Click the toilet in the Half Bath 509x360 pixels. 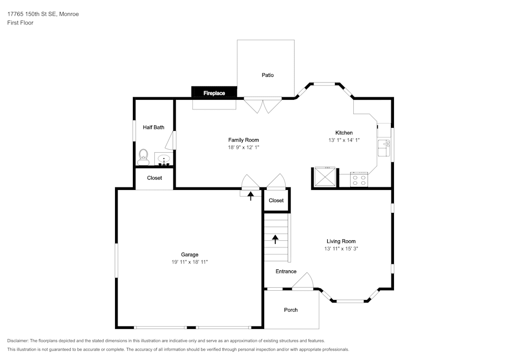[x=143, y=156]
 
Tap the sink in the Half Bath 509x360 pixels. [x=164, y=160]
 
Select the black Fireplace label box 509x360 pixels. [x=214, y=93]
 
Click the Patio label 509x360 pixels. [x=268, y=75]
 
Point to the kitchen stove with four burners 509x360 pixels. [x=359, y=180]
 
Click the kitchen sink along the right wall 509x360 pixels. [x=384, y=148]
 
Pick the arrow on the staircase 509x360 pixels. [x=275, y=239]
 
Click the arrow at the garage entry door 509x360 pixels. [x=250, y=195]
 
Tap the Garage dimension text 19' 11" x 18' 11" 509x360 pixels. [x=190, y=262]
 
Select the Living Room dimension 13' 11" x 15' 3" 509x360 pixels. [x=341, y=249]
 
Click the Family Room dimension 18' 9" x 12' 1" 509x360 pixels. [x=243, y=147]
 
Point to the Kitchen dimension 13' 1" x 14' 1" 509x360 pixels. [x=344, y=140]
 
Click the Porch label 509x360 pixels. [x=291, y=310]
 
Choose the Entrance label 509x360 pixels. [x=286, y=271]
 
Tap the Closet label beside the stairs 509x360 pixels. [x=276, y=201]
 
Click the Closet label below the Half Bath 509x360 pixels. [x=155, y=178]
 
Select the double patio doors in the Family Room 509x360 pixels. [x=263, y=105]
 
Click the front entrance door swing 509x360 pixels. [x=304, y=282]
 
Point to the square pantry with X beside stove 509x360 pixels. [x=324, y=177]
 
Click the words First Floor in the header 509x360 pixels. [x=20, y=23]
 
